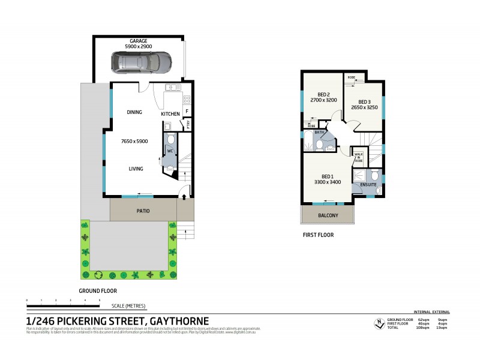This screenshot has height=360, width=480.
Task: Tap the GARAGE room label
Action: (x=139, y=41)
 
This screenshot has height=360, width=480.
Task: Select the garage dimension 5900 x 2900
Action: (x=139, y=46)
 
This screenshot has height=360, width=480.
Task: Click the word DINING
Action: (x=134, y=112)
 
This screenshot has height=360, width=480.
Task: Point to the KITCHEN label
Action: (x=170, y=114)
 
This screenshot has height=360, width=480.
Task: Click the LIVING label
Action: (x=136, y=169)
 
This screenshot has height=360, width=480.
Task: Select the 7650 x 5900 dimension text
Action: (x=134, y=141)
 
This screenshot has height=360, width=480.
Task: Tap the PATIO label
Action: (x=143, y=211)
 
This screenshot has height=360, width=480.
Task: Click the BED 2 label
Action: (x=324, y=94)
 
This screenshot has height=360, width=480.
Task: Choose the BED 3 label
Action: (x=365, y=102)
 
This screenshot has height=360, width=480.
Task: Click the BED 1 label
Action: (x=328, y=176)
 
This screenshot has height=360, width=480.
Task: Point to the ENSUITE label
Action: (x=368, y=185)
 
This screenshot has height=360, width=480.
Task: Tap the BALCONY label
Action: (x=328, y=215)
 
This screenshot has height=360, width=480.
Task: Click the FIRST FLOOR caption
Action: (x=318, y=235)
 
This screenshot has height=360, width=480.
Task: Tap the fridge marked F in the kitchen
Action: (x=187, y=112)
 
